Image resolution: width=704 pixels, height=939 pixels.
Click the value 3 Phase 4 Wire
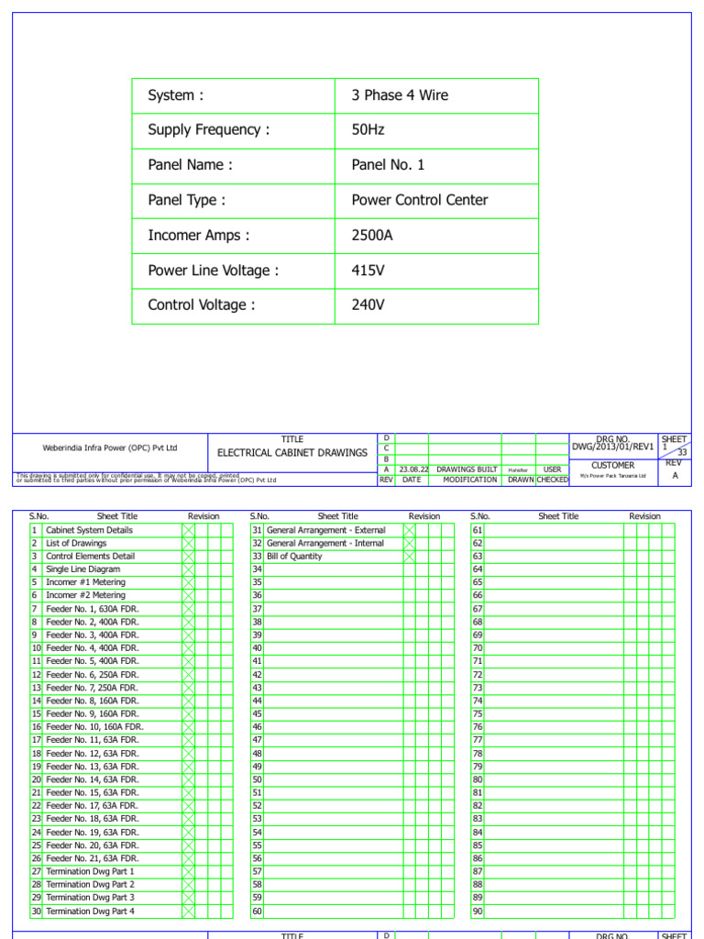[400, 95]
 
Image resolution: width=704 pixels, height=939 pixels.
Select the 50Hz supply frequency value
[368, 130]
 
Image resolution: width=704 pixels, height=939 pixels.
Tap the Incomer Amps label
[198, 236]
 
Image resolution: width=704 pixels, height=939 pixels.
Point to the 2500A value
[372, 236]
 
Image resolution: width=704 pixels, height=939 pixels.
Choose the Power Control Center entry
[420, 200]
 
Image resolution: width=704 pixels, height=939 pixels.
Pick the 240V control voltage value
[368, 305]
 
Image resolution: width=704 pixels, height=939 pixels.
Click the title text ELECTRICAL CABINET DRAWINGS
[291, 453]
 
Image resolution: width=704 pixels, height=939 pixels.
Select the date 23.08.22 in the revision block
[414, 469]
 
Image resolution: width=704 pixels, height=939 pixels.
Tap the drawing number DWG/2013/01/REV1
[612, 447]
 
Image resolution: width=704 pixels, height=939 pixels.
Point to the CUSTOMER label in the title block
[612, 465]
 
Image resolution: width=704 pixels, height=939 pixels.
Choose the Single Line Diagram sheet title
[83, 569]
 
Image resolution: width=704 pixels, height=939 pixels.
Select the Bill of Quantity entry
[294, 557]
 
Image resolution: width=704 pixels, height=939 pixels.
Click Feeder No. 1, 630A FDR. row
[93, 609]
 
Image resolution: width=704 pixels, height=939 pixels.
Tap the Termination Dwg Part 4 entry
[91, 911]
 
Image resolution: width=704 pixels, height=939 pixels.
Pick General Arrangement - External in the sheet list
[326, 530]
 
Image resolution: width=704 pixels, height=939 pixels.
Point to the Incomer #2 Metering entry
[86, 596]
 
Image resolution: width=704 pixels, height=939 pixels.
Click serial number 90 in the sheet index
[478, 911]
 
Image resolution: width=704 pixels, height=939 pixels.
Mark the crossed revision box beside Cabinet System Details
[188, 530]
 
